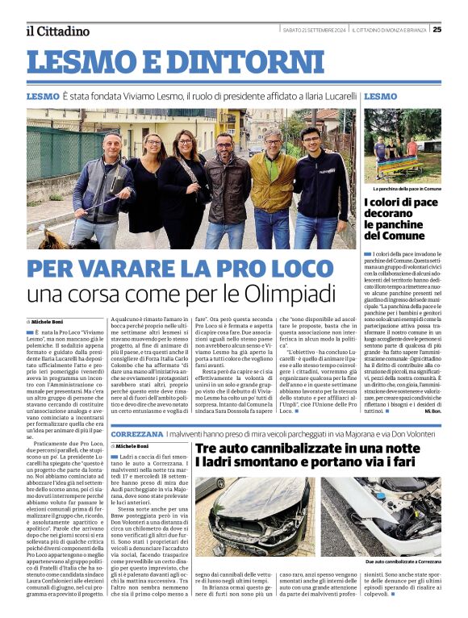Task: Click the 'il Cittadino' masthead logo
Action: pos(57,31)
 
